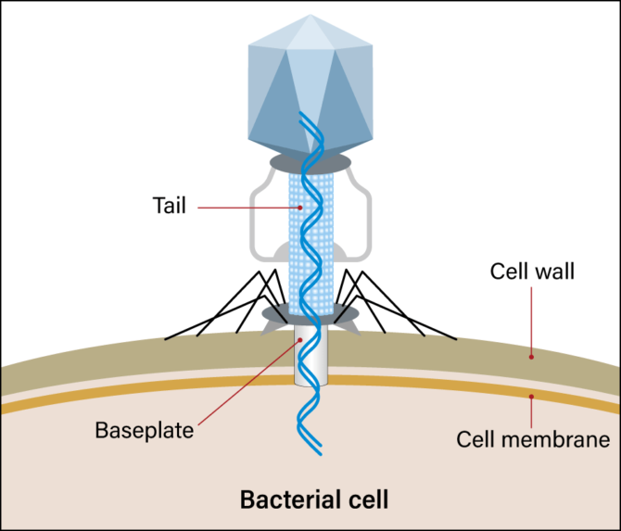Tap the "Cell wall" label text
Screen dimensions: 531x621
(x=532, y=272)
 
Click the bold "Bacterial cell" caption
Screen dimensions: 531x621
(x=314, y=499)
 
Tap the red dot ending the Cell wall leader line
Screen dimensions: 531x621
(x=532, y=354)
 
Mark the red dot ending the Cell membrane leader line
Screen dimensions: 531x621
(x=532, y=398)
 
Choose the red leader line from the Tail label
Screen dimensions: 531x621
(x=241, y=206)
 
